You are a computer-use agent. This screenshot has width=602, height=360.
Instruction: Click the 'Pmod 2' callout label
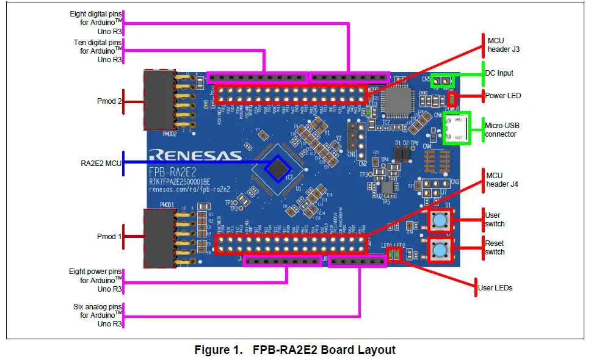[109, 101]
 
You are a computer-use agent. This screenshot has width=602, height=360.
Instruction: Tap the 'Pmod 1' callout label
[109, 236]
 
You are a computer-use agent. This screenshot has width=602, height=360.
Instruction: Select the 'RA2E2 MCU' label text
[100, 163]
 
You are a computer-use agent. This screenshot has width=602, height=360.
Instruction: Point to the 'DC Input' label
[499, 73]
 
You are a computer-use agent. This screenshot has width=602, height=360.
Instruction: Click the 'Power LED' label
[502, 96]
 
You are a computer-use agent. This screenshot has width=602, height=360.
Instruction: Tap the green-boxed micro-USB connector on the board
[457, 129]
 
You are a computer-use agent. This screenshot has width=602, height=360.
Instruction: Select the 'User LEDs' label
[495, 287]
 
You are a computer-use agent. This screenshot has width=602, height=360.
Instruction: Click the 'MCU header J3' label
[503, 45]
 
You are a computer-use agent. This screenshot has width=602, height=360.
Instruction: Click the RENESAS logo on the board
[195, 154]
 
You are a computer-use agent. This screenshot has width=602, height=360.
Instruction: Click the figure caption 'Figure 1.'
[218, 350]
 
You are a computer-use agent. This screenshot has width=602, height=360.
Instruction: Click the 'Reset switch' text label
[495, 247]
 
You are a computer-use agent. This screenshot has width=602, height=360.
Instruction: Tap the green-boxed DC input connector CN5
[443, 80]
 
